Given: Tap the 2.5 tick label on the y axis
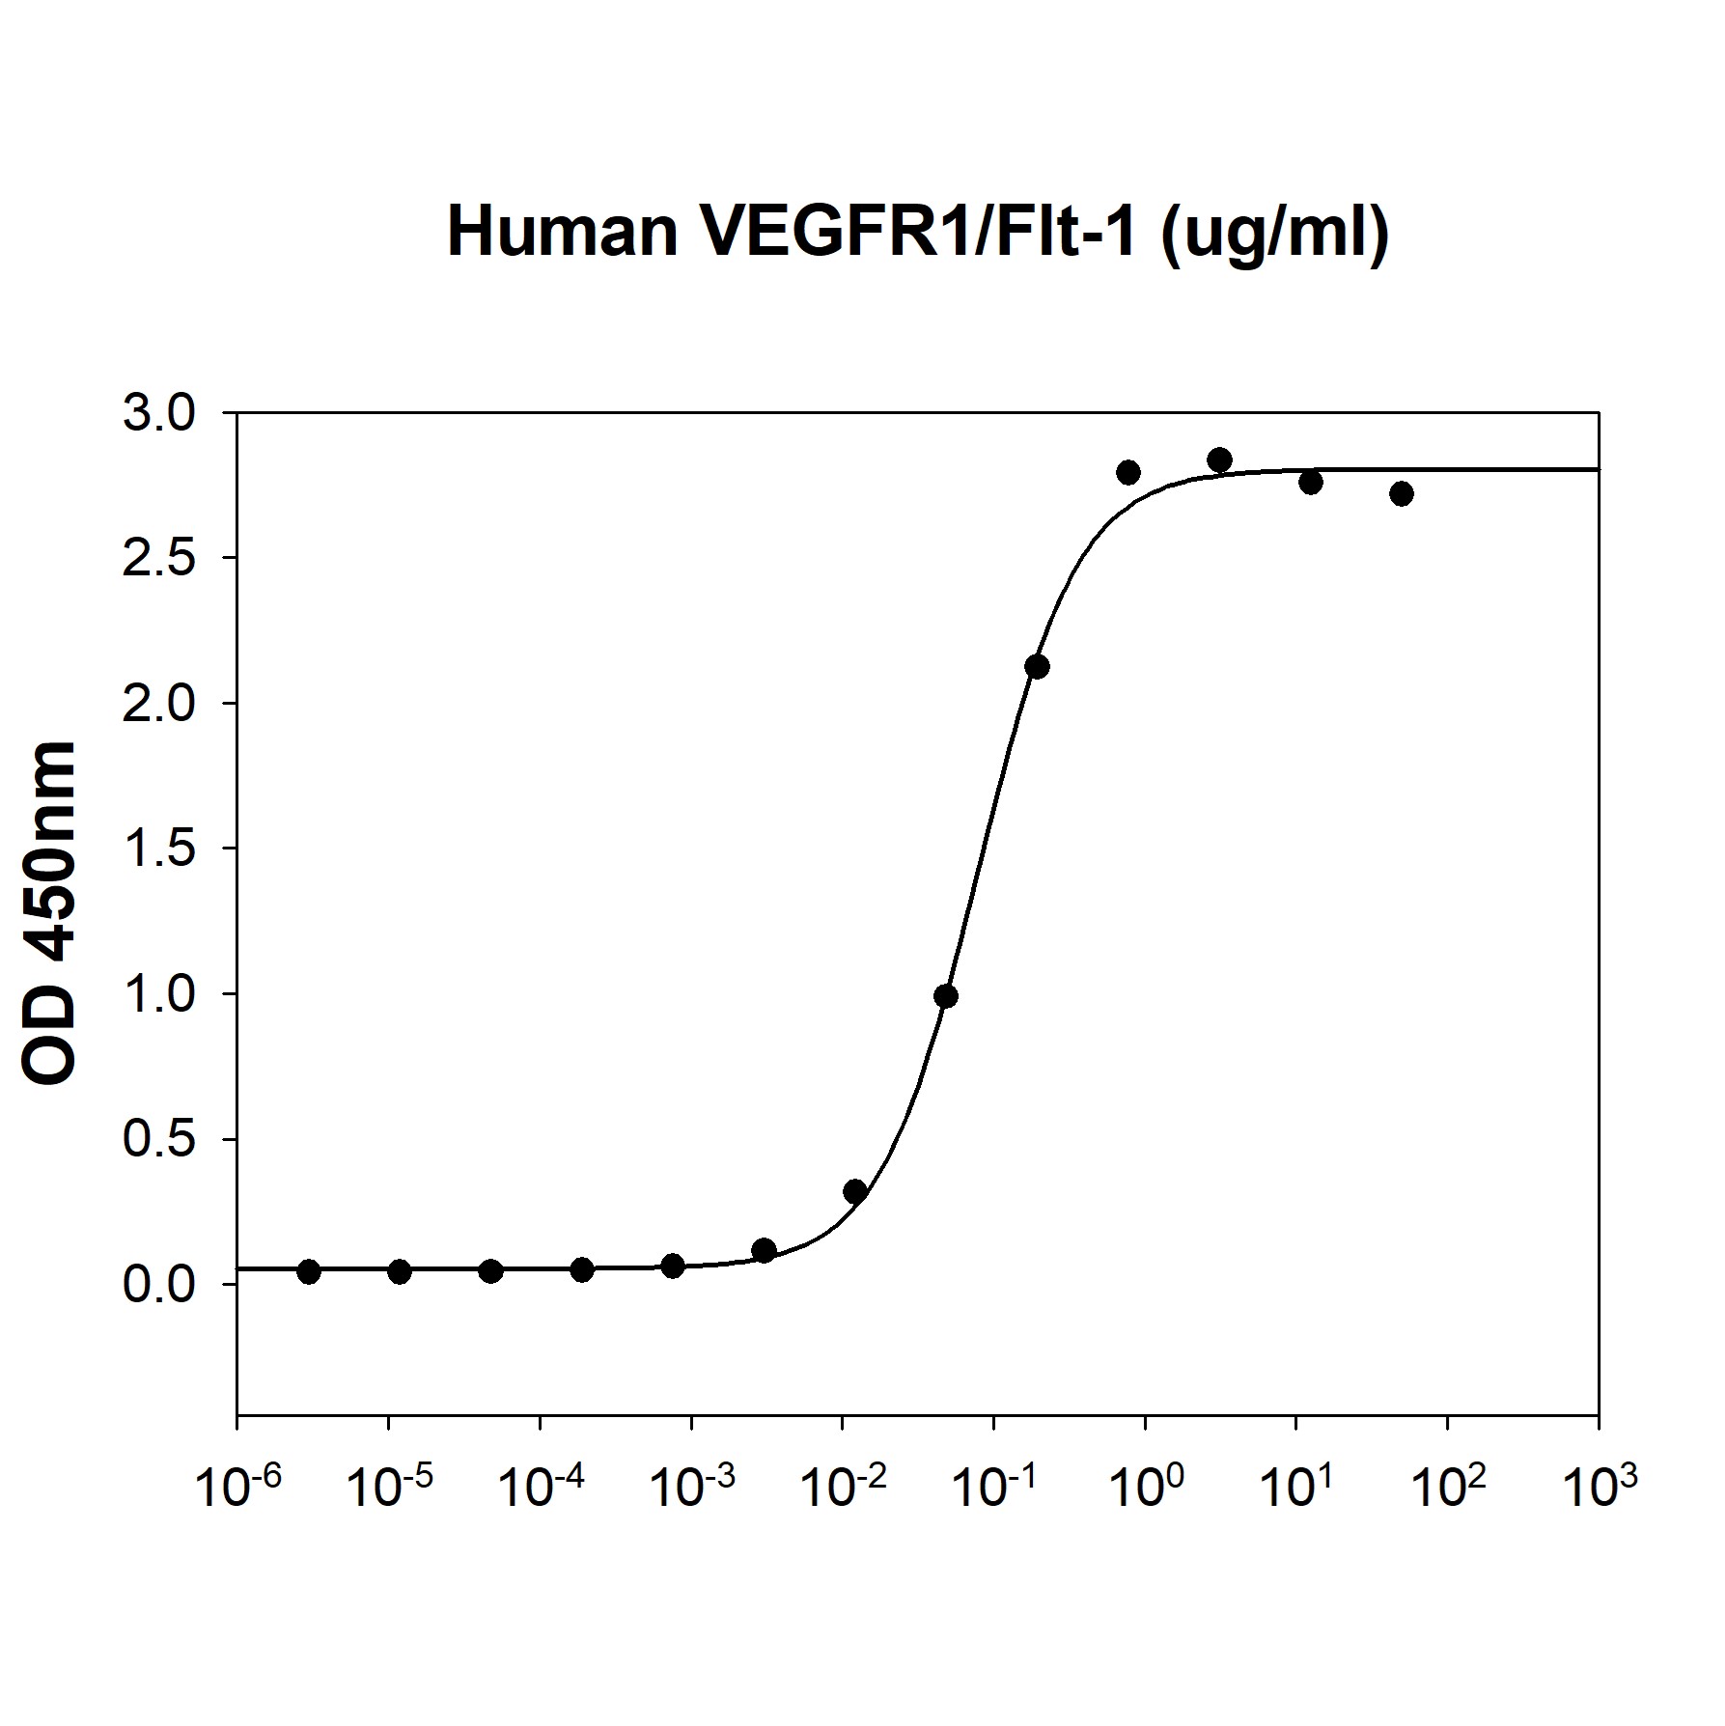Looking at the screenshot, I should pos(159,559).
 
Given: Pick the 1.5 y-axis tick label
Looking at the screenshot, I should pos(159,849).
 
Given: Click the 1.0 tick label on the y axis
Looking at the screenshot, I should pos(159,995).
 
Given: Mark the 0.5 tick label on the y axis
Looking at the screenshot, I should pos(159,1140).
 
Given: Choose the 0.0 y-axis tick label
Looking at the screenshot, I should pos(159,1286).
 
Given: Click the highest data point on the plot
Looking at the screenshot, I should pos(1219,459).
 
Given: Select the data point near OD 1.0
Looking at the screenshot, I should pos(946,996).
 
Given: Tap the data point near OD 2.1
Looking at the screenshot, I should pos(1037,666).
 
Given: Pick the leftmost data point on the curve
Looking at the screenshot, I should pos(309,1271).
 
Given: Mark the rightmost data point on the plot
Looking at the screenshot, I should pos(1402,493).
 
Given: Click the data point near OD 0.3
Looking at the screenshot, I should pos(854,1191).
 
